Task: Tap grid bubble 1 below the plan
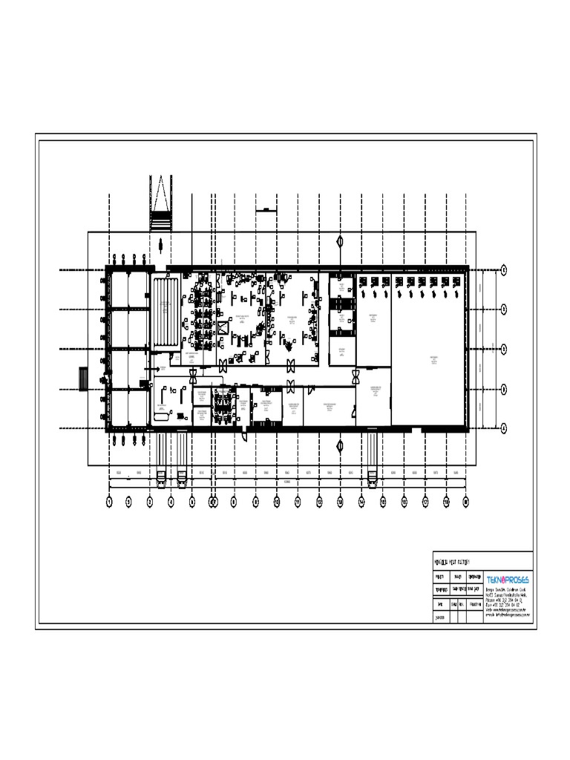[x=108, y=502]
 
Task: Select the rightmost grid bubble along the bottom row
[x=466, y=502]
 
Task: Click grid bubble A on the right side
[x=504, y=428]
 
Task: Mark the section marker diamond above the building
[x=340, y=241]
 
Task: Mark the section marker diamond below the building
[x=340, y=446]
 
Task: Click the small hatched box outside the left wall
[x=83, y=378]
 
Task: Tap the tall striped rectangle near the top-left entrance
[x=166, y=312]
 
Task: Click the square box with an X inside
[x=222, y=327]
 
